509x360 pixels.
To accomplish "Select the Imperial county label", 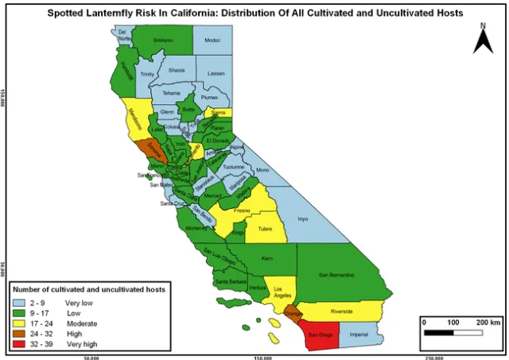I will point(359,335).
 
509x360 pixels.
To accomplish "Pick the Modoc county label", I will point(212,40).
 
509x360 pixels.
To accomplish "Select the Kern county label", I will point(266,258).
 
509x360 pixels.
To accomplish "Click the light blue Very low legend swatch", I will point(25,303).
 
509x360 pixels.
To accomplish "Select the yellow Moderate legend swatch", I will point(25,323).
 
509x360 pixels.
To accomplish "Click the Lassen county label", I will point(216,72).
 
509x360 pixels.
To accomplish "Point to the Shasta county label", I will point(177,70).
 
